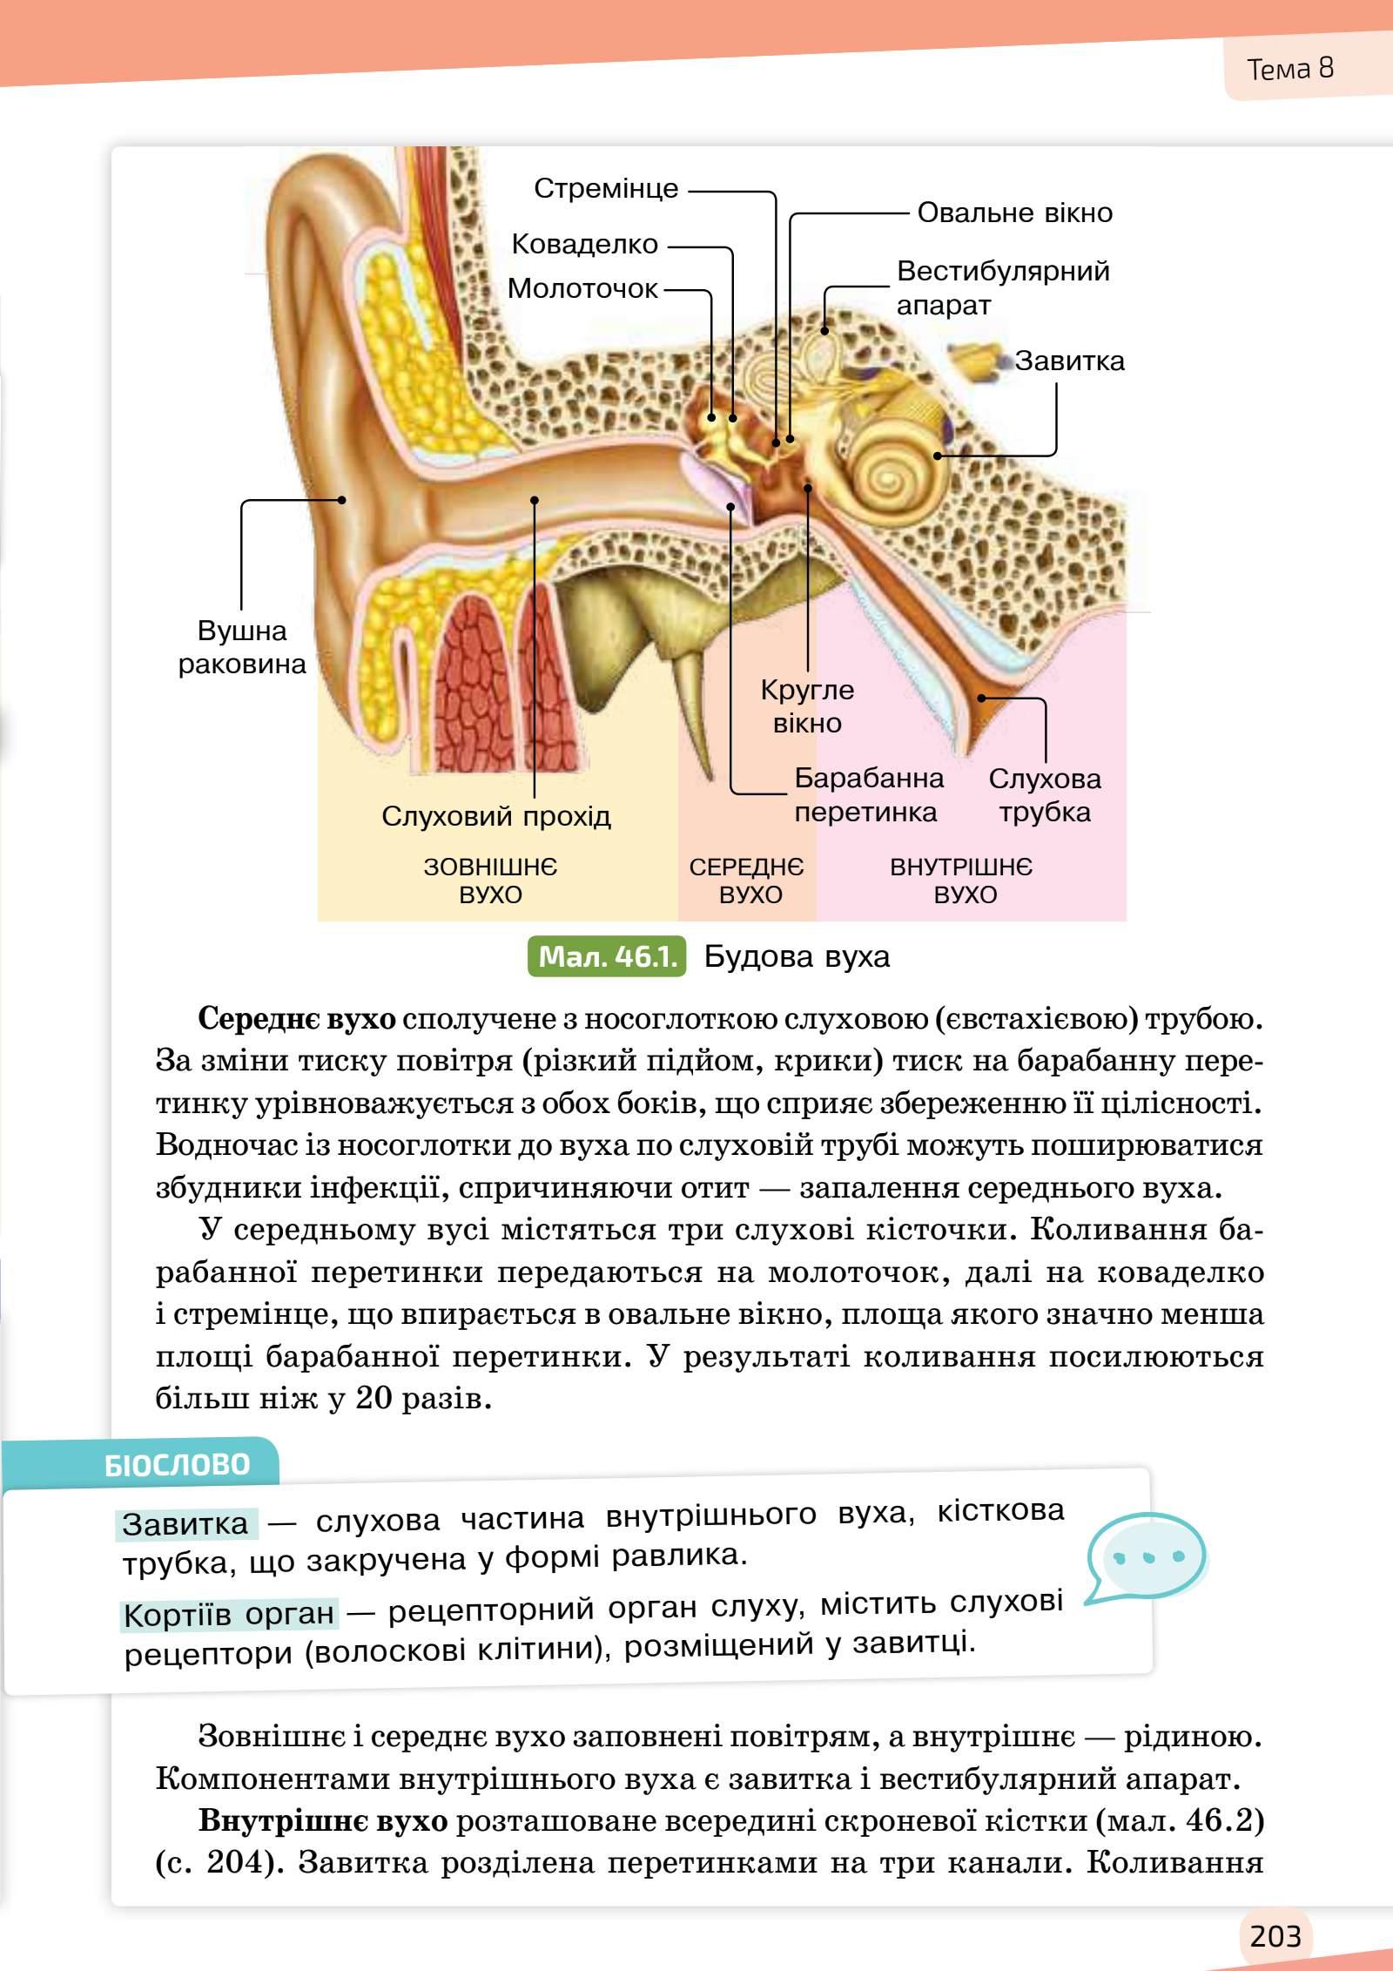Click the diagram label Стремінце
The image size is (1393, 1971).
tap(605, 188)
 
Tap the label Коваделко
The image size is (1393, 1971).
tap(584, 244)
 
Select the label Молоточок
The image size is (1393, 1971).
tap(582, 288)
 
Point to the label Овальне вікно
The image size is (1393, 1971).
tap(1014, 213)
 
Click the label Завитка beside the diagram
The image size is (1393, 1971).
tap(1069, 361)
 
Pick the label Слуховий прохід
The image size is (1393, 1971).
tap(496, 816)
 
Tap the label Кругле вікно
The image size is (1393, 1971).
tap(807, 706)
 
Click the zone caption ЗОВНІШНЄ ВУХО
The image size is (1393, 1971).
tap(490, 881)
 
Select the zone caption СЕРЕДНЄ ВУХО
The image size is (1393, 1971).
tap(747, 881)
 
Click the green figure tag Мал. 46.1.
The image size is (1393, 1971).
tap(607, 956)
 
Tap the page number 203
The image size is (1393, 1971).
tap(1275, 1935)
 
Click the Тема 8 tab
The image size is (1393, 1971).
tap(1289, 69)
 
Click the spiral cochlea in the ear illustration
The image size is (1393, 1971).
tap(888, 476)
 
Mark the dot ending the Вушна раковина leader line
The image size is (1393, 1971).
tap(342, 500)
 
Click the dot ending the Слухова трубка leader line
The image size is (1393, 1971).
tap(981, 698)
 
